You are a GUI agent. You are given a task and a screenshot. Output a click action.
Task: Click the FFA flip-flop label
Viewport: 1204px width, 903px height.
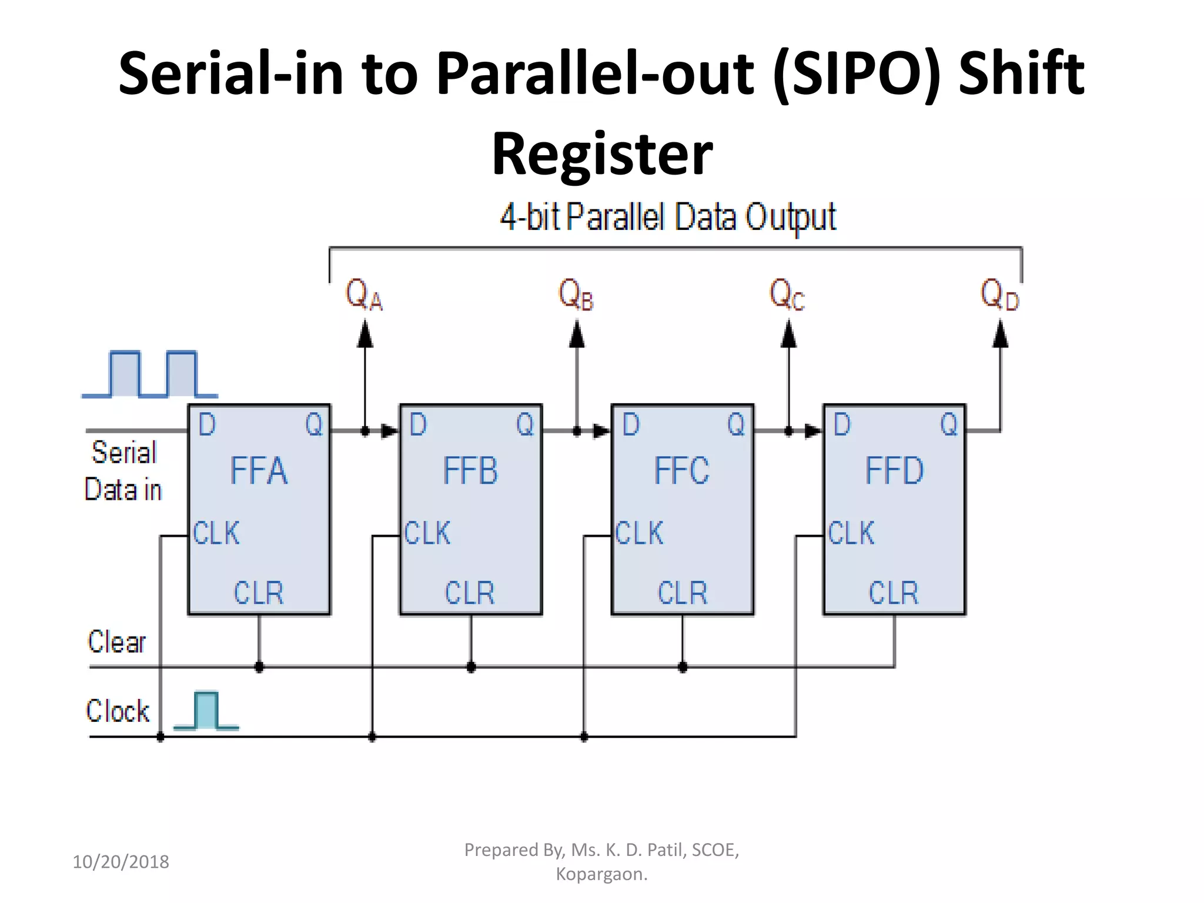click(259, 471)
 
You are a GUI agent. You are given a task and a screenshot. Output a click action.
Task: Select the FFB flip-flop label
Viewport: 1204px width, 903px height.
click(470, 471)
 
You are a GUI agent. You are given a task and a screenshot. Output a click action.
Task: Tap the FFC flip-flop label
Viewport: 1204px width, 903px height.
click(682, 471)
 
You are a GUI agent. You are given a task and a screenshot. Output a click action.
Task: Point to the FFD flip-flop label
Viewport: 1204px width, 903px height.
click(894, 471)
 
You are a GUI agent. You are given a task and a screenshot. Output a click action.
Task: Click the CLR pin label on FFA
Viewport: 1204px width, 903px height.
click(259, 593)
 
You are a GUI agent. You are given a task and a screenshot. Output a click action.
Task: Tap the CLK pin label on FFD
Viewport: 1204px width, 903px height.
click(851, 533)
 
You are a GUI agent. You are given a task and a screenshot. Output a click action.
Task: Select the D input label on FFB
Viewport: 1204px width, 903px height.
click(418, 424)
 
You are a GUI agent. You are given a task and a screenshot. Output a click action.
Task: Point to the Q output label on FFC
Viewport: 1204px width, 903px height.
click(736, 424)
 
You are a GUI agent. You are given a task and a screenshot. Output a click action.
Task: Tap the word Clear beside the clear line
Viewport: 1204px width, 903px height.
click(116, 641)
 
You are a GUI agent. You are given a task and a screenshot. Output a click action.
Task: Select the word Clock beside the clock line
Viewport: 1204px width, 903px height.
click(118, 711)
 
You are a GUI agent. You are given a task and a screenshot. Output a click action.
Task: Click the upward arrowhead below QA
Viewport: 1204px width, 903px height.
click(365, 335)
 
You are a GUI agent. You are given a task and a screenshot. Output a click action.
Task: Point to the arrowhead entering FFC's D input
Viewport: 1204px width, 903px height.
click(601, 431)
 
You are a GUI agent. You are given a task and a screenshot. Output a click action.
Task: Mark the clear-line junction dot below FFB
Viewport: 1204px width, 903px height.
click(471, 667)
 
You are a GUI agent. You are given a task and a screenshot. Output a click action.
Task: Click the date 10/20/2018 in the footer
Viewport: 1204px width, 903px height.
click(121, 862)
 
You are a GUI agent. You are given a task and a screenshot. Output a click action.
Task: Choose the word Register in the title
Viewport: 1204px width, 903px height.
click(602, 154)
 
